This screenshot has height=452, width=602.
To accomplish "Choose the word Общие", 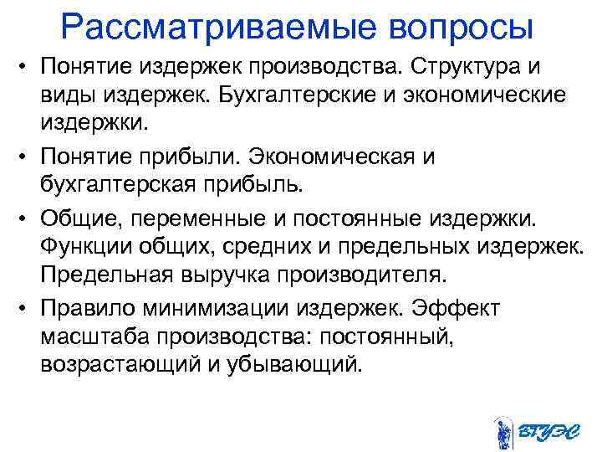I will click(x=88, y=217).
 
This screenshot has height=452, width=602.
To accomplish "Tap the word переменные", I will click(x=214, y=217).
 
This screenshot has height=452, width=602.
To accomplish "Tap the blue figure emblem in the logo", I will click(x=503, y=430).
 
